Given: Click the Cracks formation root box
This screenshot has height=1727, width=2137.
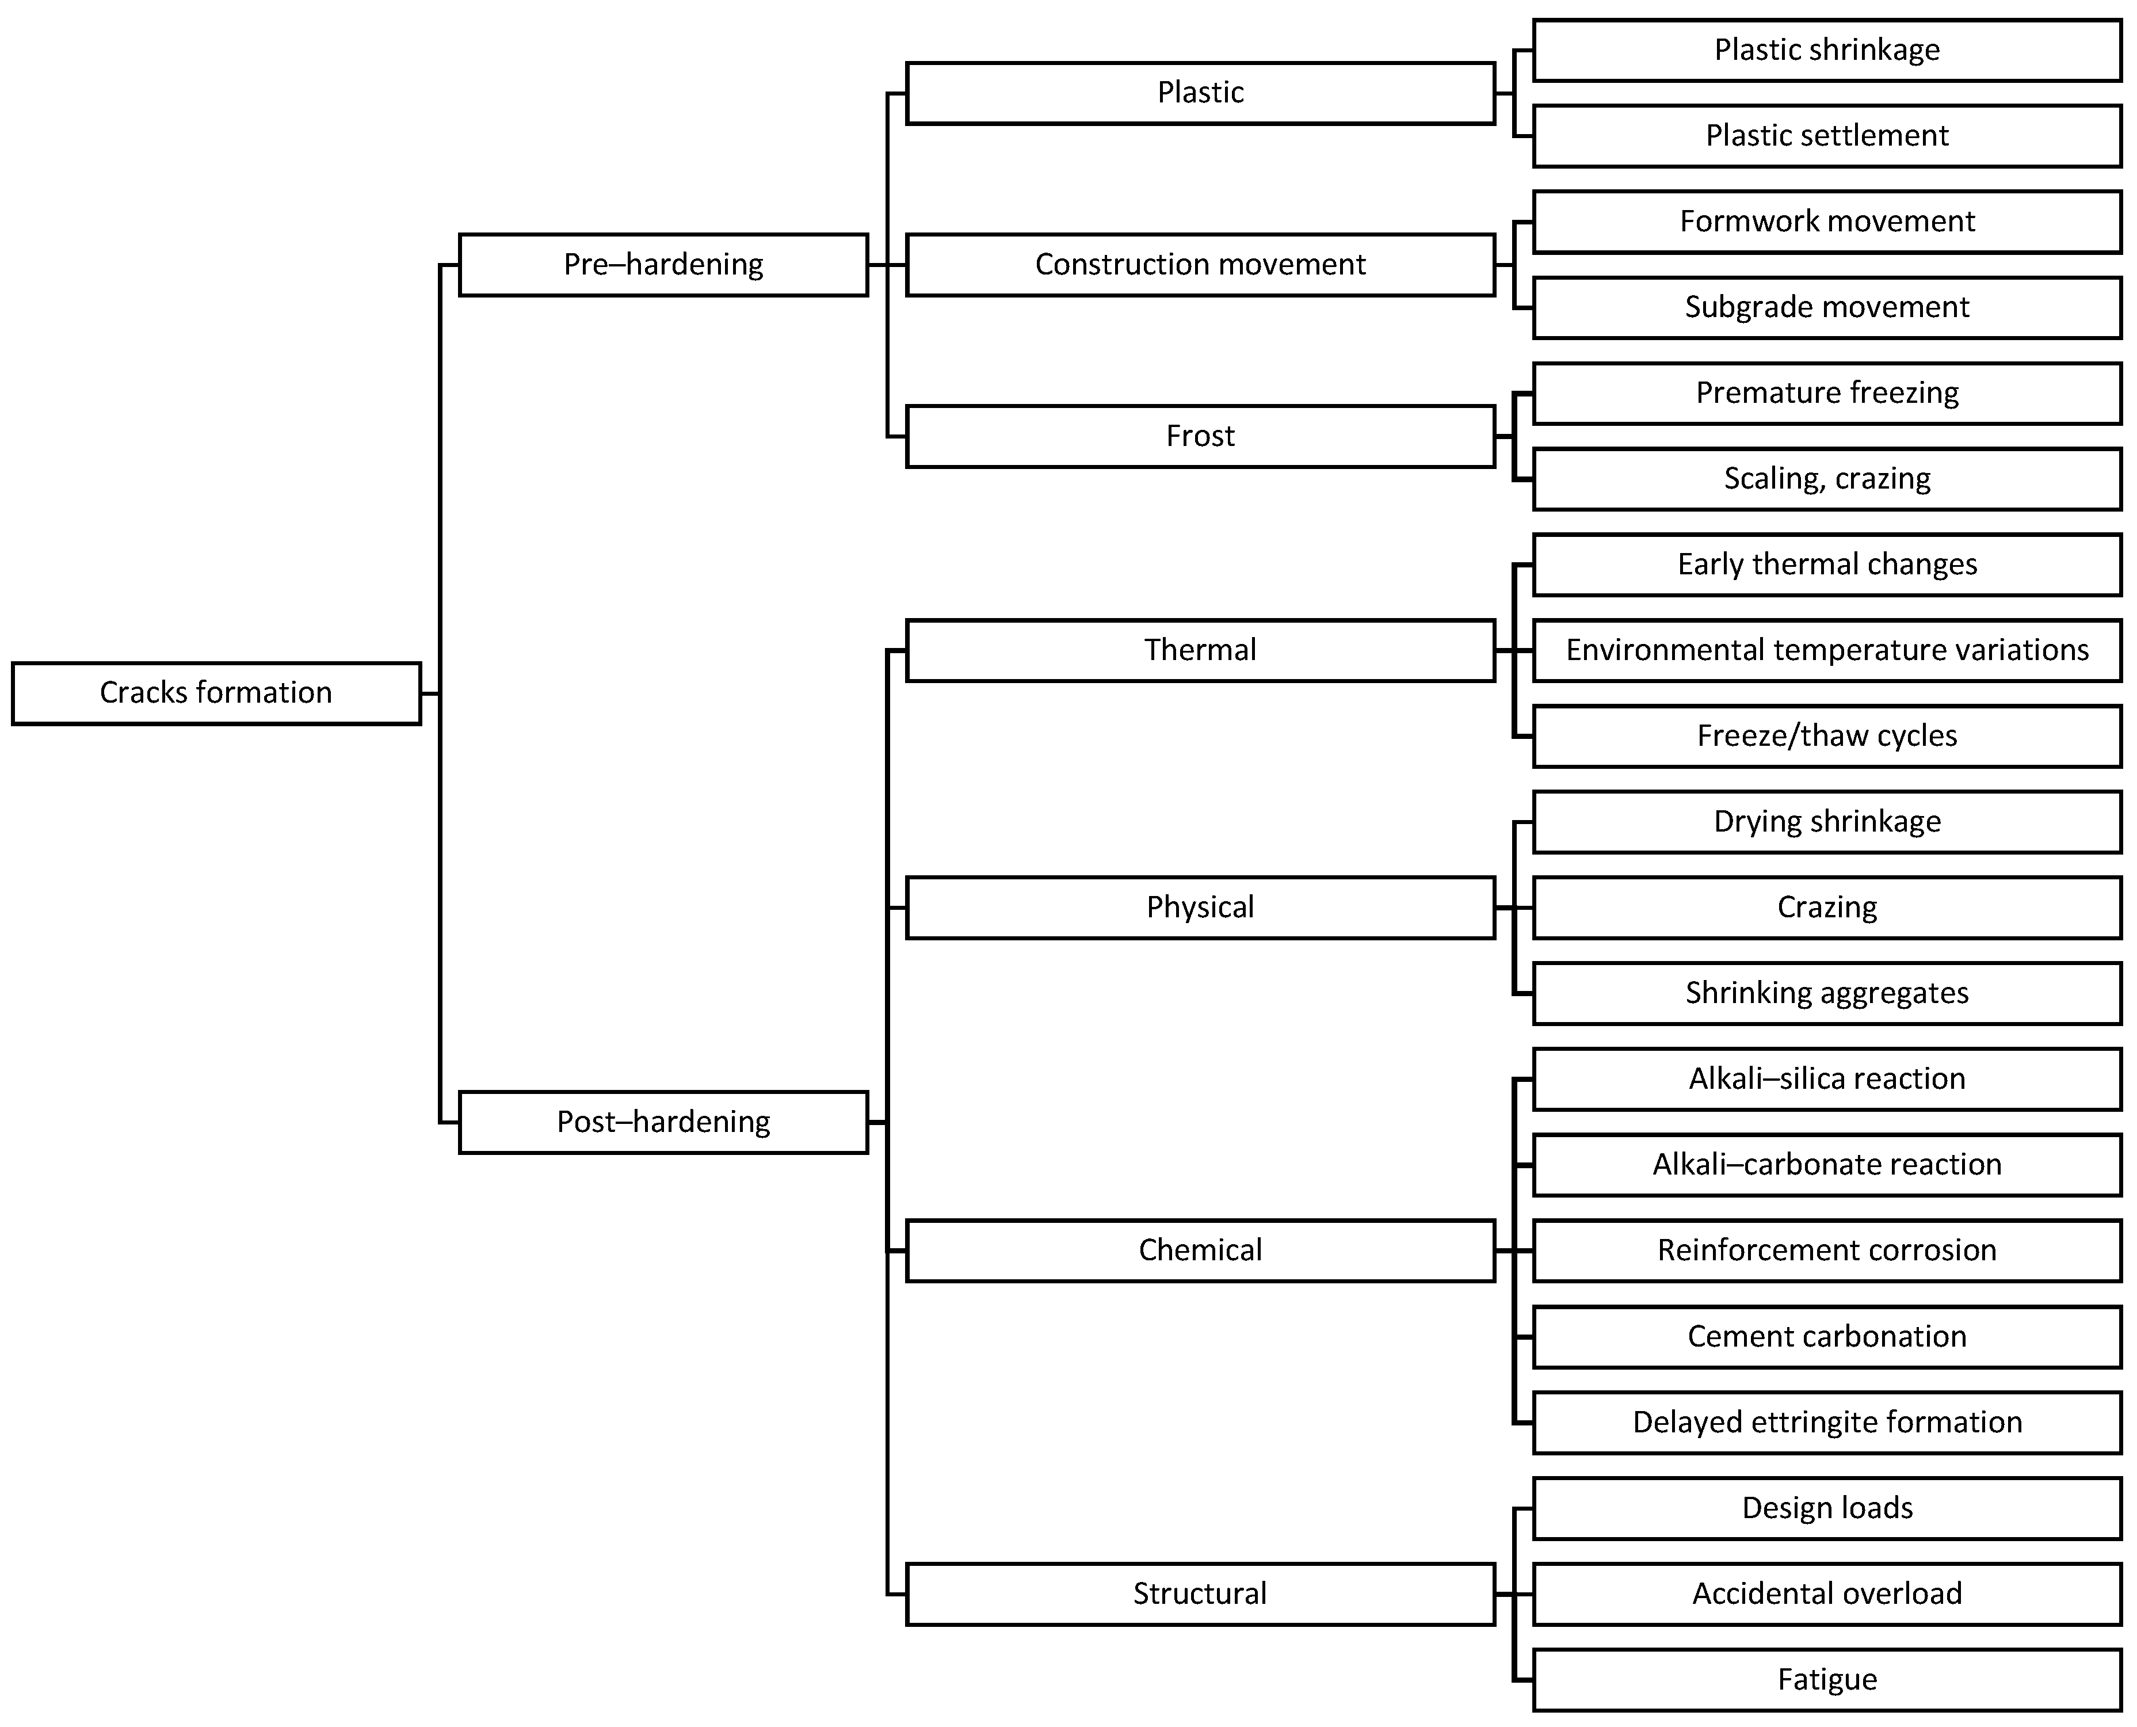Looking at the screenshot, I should pyautogui.click(x=216, y=693).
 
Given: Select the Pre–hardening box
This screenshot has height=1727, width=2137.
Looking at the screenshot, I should pyautogui.click(x=663, y=265).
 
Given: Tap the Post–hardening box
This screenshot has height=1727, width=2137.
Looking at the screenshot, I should pyautogui.click(x=663, y=1122).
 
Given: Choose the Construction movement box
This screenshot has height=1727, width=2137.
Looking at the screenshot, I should pyautogui.click(x=1200, y=265).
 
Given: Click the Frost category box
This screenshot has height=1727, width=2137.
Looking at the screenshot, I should pyautogui.click(x=1200, y=436).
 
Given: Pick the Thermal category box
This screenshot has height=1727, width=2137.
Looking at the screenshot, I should pyautogui.click(x=1200, y=650).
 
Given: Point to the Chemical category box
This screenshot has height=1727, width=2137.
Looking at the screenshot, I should pyautogui.click(x=1200, y=1251).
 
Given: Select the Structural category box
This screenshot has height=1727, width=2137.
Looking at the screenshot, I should pyautogui.click(x=1200, y=1593).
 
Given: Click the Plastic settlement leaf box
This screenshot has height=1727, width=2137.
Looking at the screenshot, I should pyautogui.click(x=1827, y=135).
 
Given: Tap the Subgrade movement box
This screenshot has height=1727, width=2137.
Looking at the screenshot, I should pyautogui.click(x=1827, y=307).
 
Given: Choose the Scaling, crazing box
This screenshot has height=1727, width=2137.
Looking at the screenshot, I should pyautogui.click(x=1827, y=478).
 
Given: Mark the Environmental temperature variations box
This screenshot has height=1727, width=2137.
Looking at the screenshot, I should pyautogui.click(x=1827, y=650).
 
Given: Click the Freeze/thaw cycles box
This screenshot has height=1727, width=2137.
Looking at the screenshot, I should pyautogui.click(x=1827, y=736).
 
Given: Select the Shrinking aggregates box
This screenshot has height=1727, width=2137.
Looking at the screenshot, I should pyautogui.click(x=1827, y=993).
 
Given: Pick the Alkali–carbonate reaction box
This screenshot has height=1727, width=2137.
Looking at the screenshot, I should pyautogui.click(x=1827, y=1165).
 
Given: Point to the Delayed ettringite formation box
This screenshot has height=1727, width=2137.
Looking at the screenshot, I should pyautogui.click(x=1827, y=1423).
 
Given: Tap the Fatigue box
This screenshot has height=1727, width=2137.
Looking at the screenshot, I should pyautogui.click(x=1827, y=1680).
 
